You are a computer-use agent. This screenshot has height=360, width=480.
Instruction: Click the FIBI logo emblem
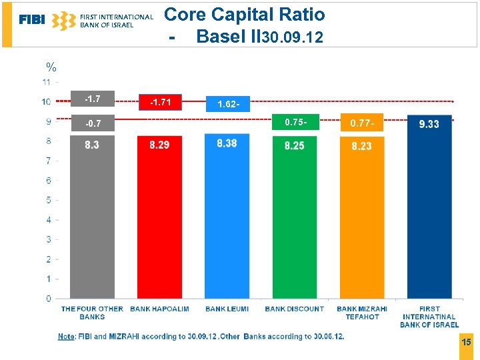pyautogui.click(x=63, y=21)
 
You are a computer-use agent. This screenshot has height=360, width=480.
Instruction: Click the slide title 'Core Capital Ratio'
pyautogui.click(x=244, y=15)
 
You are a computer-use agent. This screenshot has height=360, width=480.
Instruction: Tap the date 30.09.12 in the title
pyautogui.click(x=293, y=38)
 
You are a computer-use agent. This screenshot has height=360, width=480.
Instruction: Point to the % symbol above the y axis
pyautogui.click(x=51, y=67)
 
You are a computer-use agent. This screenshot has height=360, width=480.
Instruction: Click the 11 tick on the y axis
pyautogui.click(x=46, y=82)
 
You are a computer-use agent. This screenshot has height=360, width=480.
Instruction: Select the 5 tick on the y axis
pyautogui.click(x=47, y=200)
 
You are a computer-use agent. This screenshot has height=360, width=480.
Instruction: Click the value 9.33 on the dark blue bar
pyautogui.click(x=429, y=124)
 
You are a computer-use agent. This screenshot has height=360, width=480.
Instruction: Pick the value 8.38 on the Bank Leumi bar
pyautogui.click(x=227, y=143)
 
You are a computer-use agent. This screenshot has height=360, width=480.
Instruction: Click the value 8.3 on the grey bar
pyautogui.click(x=92, y=145)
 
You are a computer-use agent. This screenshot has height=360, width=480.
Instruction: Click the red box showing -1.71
pyautogui.click(x=160, y=102)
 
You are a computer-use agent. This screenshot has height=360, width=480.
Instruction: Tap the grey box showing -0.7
pyautogui.click(x=93, y=124)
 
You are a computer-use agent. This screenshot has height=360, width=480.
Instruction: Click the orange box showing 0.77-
pyautogui.click(x=362, y=123)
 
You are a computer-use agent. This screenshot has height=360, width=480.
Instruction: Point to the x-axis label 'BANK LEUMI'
pyautogui.click(x=227, y=309)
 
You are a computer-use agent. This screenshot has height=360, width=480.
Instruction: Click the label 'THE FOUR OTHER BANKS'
pyautogui.click(x=92, y=313)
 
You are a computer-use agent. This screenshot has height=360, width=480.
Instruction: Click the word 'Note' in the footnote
pyautogui.click(x=66, y=337)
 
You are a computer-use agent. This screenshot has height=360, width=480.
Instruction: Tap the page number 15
pyautogui.click(x=466, y=342)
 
